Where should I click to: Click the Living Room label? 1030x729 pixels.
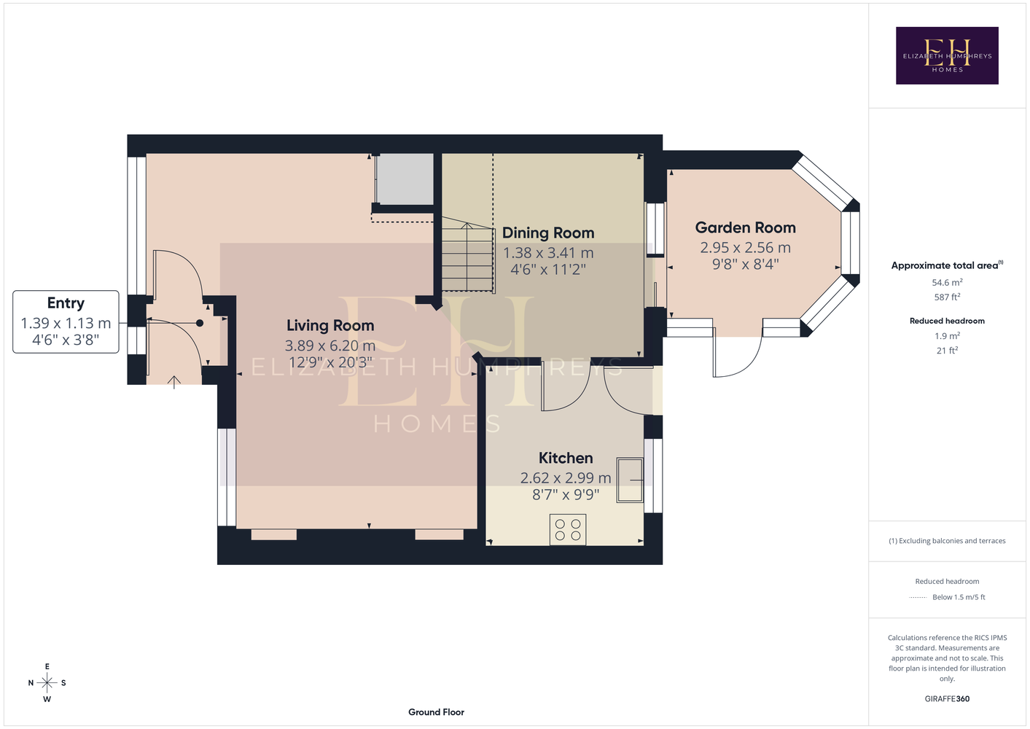[330, 326]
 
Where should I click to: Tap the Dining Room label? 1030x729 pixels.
[548, 233]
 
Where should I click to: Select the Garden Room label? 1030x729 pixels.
[746, 227]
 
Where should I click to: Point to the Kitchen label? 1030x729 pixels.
[566, 458]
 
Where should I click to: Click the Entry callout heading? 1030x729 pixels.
[66, 303]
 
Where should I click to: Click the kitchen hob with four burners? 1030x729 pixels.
[568, 529]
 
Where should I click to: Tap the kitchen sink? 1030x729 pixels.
[630, 480]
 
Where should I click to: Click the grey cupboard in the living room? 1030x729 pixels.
[405, 179]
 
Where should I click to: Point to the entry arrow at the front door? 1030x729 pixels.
[173, 382]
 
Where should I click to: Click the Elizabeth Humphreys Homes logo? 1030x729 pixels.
[947, 55]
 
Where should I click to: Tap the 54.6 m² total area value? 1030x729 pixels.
[947, 282]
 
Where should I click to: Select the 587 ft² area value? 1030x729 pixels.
[947, 297]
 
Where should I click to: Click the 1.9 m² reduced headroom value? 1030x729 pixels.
[947, 336]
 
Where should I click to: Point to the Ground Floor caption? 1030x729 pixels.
[437, 712]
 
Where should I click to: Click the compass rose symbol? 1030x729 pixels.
[47, 683]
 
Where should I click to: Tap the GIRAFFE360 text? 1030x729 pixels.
[947, 698]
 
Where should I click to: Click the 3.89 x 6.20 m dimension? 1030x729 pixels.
[330, 346]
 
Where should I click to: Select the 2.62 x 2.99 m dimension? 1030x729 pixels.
[566, 478]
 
